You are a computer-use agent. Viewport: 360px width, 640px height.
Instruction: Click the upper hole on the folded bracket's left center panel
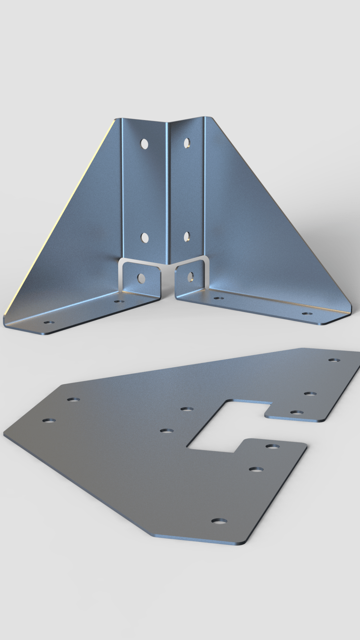(x=145, y=144)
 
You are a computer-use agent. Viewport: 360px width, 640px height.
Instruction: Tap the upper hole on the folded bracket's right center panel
(x=187, y=143)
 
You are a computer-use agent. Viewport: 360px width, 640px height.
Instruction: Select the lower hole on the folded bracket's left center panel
(x=145, y=237)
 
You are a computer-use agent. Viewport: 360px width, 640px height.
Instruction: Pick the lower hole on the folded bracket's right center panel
(x=187, y=236)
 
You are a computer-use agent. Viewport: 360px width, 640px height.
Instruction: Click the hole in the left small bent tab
(x=141, y=278)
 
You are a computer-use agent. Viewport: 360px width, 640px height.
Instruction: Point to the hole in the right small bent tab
(x=191, y=277)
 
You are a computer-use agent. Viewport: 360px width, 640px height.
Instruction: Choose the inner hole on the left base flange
(x=119, y=301)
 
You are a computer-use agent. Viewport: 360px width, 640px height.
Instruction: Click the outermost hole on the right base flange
(x=307, y=314)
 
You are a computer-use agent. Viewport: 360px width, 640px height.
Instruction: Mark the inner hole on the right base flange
(x=218, y=298)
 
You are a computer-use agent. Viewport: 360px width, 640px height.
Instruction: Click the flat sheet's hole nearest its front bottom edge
(x=219, y=521)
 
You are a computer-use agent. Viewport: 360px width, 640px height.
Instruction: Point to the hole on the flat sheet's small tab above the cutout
(x=296, y=412)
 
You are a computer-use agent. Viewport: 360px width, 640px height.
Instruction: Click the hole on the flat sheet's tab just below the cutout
(x=273, y=446)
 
